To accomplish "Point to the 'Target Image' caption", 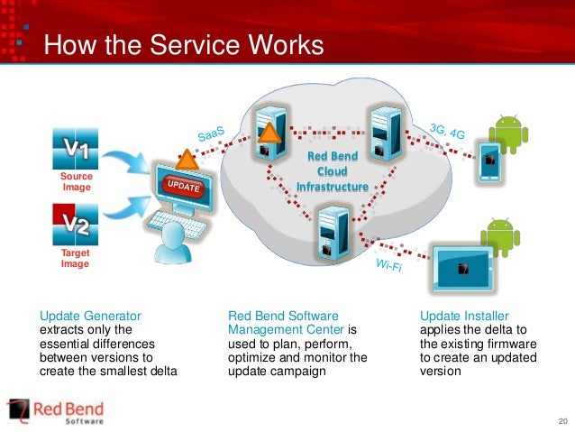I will pyautogui.click(x=77, y=260).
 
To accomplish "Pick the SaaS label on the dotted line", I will pyautogui.click(x=211, y=133).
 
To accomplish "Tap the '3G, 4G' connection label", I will pyautogui.click(x=449, y=133).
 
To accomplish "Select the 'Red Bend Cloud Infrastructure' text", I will pyautogui.click(x=333, y=171).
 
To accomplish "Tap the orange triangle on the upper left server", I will pyautogui.click(x=269, y=133).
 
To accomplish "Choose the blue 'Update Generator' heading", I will pyautogui.click(x=90, y=316).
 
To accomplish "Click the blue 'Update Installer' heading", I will pyautogui.click(x=464, y=316).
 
